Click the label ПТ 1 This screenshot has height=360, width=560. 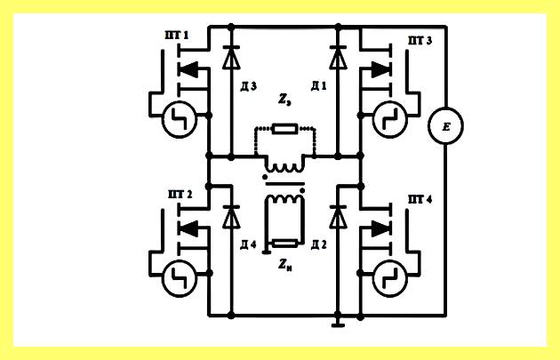click(176, 36)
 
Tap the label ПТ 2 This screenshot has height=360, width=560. click(180, 195)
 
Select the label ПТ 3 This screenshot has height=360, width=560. click(420, 41)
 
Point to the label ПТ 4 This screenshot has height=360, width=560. click(420, 199)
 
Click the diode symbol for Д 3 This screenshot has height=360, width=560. click(231, 57)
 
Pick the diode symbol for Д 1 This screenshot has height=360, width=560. click(338, 57)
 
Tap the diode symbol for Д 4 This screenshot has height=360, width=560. click(231, 217)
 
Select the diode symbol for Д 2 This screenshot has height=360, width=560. click(338, 217)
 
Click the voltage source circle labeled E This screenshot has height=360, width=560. click(445, 125)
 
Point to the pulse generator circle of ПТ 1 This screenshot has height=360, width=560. click(180, 120)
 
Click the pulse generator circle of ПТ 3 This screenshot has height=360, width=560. click(390, 120)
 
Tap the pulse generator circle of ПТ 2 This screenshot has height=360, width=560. click(180, 279)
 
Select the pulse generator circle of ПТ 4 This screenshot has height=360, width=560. click(390, 279)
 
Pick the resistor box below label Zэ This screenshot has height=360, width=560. click(284, 129)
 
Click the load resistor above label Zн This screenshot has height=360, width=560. click(284, 244)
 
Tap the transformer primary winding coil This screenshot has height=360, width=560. click(284, 167)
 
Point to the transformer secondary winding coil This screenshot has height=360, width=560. click(284, 199)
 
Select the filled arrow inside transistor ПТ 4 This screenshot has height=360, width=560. click(380, 228)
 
